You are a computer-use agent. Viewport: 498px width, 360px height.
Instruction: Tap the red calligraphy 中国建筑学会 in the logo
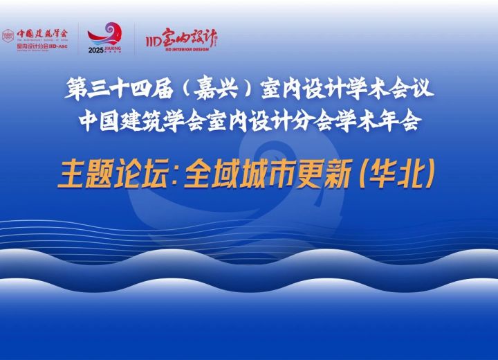tap(41, 31)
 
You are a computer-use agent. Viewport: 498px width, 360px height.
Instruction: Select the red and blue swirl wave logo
tap(107, 33)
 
